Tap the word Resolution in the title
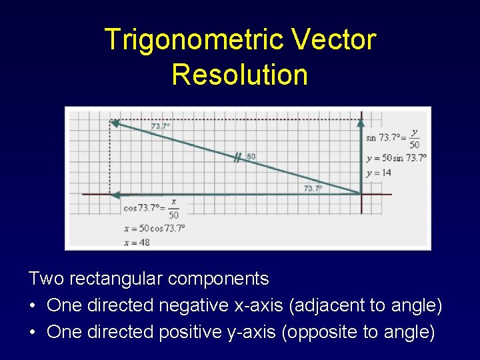pyautogui.click(x=240, y=74)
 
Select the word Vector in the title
pyautogui.click(x=335, y=40)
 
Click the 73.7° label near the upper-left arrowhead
pyautogui.click(x=160, y=126)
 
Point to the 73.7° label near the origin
pyautogui.click(x=313, y=189)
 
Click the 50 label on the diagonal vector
pyautogui.click(x=251, y=157)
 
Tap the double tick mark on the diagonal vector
pyautogui.click(x=237, y=158)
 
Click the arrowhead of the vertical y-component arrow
pyautogui.click(x=361, y=122)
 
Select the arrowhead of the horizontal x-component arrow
pyautogui.click(x=115, y=195)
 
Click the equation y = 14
pyautogui.click(x=379, y=173)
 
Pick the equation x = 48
pyautogui.click(x=137, y=242)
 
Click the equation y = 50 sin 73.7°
pyautogui.click(x=396, y=158)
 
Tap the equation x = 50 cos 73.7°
pyautogui.click(x=155, y=228)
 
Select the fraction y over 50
pyautogui.click(x=415, y=138)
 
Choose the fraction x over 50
pyautogui.click(x=173, y=208)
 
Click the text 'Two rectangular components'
pyautogui.click(x=149, y=278)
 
